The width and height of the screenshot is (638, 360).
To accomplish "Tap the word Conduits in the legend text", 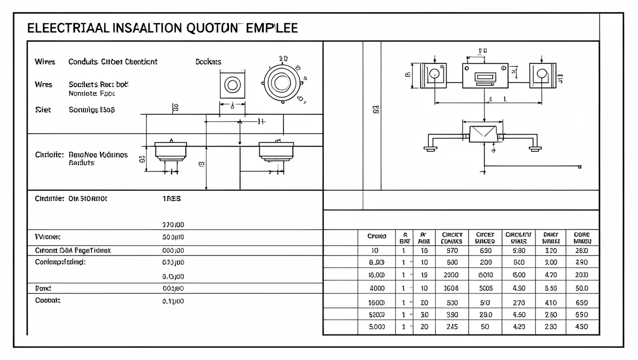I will [x=83, y=62].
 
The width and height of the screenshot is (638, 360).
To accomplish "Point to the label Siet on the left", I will [x=43, y=110].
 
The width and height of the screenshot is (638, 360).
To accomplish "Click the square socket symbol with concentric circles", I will [x=232, y=85].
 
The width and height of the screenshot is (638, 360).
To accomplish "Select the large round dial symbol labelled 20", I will [x=281, y=83].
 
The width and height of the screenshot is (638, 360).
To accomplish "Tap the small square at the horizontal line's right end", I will [x=580, y=166].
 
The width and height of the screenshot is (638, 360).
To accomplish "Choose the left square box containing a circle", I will [x=433, y=75].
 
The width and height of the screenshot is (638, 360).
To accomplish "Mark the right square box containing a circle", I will [x=542, y=75].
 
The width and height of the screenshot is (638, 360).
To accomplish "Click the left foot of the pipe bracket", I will [x=430, y=149].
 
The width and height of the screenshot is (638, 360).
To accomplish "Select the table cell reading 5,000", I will [x=377, y=327].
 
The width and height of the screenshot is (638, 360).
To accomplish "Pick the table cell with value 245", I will [x=452, y=327].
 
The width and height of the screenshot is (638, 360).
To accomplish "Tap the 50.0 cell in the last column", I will [x=581, y=288].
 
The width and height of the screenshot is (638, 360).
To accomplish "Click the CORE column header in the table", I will [x=582, y=238].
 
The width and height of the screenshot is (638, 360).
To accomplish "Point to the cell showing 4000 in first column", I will [x=377, y=288].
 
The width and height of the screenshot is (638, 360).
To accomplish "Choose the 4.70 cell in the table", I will [x=551, y=275].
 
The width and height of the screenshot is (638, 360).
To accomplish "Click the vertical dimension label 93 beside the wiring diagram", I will [x=376, y=110].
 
